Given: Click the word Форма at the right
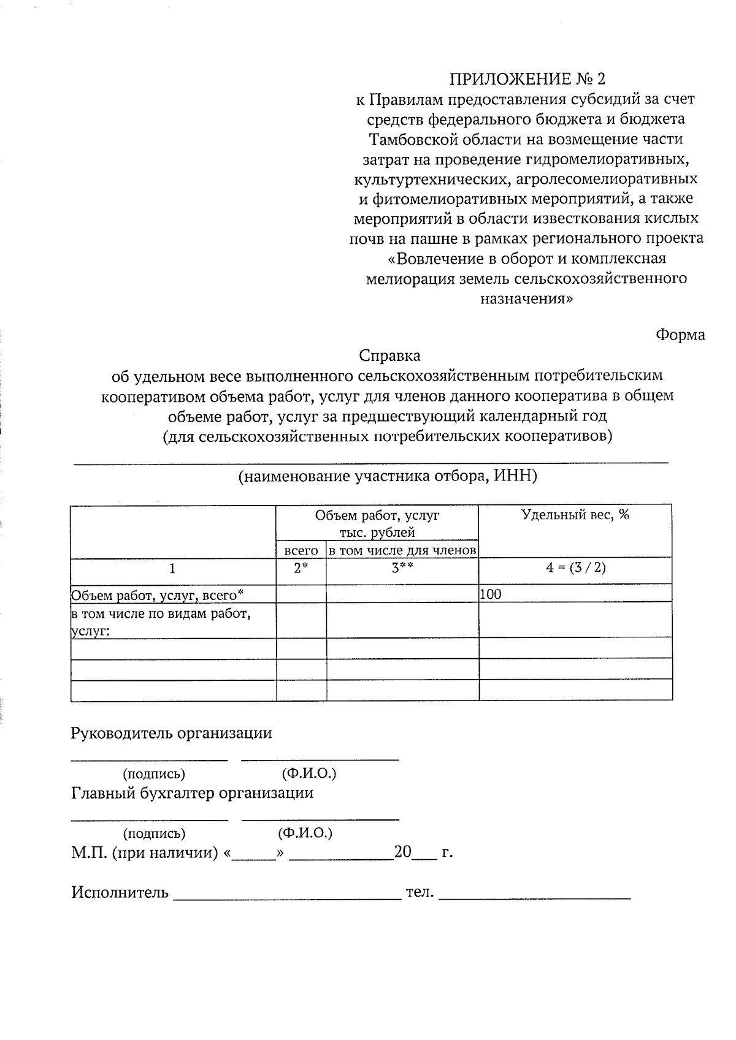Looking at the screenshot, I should click(680, 335).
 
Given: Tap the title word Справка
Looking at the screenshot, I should click(389, 355).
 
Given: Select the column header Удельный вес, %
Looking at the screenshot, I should click(575, 515).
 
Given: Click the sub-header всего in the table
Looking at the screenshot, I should click(301, 551).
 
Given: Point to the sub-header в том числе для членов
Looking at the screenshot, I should click(402, 551).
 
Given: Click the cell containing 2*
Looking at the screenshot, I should click(301, 568).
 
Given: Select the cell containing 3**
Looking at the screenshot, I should click(402, 568).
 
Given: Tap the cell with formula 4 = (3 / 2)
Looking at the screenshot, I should click(575, 567).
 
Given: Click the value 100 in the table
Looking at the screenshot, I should click(491, 594).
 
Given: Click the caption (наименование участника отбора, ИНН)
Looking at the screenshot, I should click(387, 476).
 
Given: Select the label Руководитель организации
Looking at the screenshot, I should click(171, 733).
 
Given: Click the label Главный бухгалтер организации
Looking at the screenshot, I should click(192, 793).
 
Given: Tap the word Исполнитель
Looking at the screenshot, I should click(120, 892).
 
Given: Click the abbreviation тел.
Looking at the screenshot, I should click(420, 892).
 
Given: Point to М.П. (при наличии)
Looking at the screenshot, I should click(145, 852).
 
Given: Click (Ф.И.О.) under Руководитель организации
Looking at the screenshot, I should click(309, 773).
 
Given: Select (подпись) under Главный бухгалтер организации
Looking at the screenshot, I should click(154, 833).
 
